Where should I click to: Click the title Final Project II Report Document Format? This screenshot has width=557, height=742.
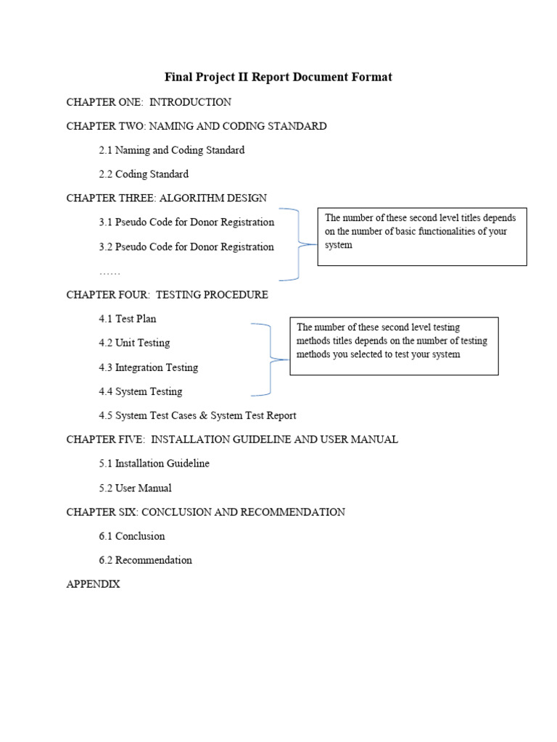tap(278, 77)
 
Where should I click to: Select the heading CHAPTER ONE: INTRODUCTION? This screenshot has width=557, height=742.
tap(149, 102)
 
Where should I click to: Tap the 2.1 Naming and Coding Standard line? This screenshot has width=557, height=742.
tap(172, 150)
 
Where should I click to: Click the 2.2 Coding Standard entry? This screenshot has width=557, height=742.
tap(144, 174)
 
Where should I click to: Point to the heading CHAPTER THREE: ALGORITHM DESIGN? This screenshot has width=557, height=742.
tap(166, 198)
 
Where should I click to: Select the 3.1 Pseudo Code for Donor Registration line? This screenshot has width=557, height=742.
tap(186, 222)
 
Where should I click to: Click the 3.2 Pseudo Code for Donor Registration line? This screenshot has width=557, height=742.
tap(186, 246)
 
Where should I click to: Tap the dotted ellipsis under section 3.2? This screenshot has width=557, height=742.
tap(110, 272)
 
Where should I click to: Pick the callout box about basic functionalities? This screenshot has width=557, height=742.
tap(422, 236)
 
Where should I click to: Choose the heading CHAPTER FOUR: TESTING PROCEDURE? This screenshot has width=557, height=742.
tap(167, 295)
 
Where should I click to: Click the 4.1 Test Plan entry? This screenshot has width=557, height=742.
tap(128, 319)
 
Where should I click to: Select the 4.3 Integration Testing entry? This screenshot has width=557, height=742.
tap(148, 367)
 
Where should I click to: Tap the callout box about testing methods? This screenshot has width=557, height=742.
tap(394, 346)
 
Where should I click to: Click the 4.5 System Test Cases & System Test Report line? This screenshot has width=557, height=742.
tap(197, 415)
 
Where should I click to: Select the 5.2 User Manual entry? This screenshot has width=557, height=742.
tap(136, 488)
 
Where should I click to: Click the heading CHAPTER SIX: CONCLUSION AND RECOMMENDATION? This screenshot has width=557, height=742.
tap(205, 512)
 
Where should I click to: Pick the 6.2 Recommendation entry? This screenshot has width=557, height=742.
tap(146, 560)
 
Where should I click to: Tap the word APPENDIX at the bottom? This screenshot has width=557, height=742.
tap(93, 584)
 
